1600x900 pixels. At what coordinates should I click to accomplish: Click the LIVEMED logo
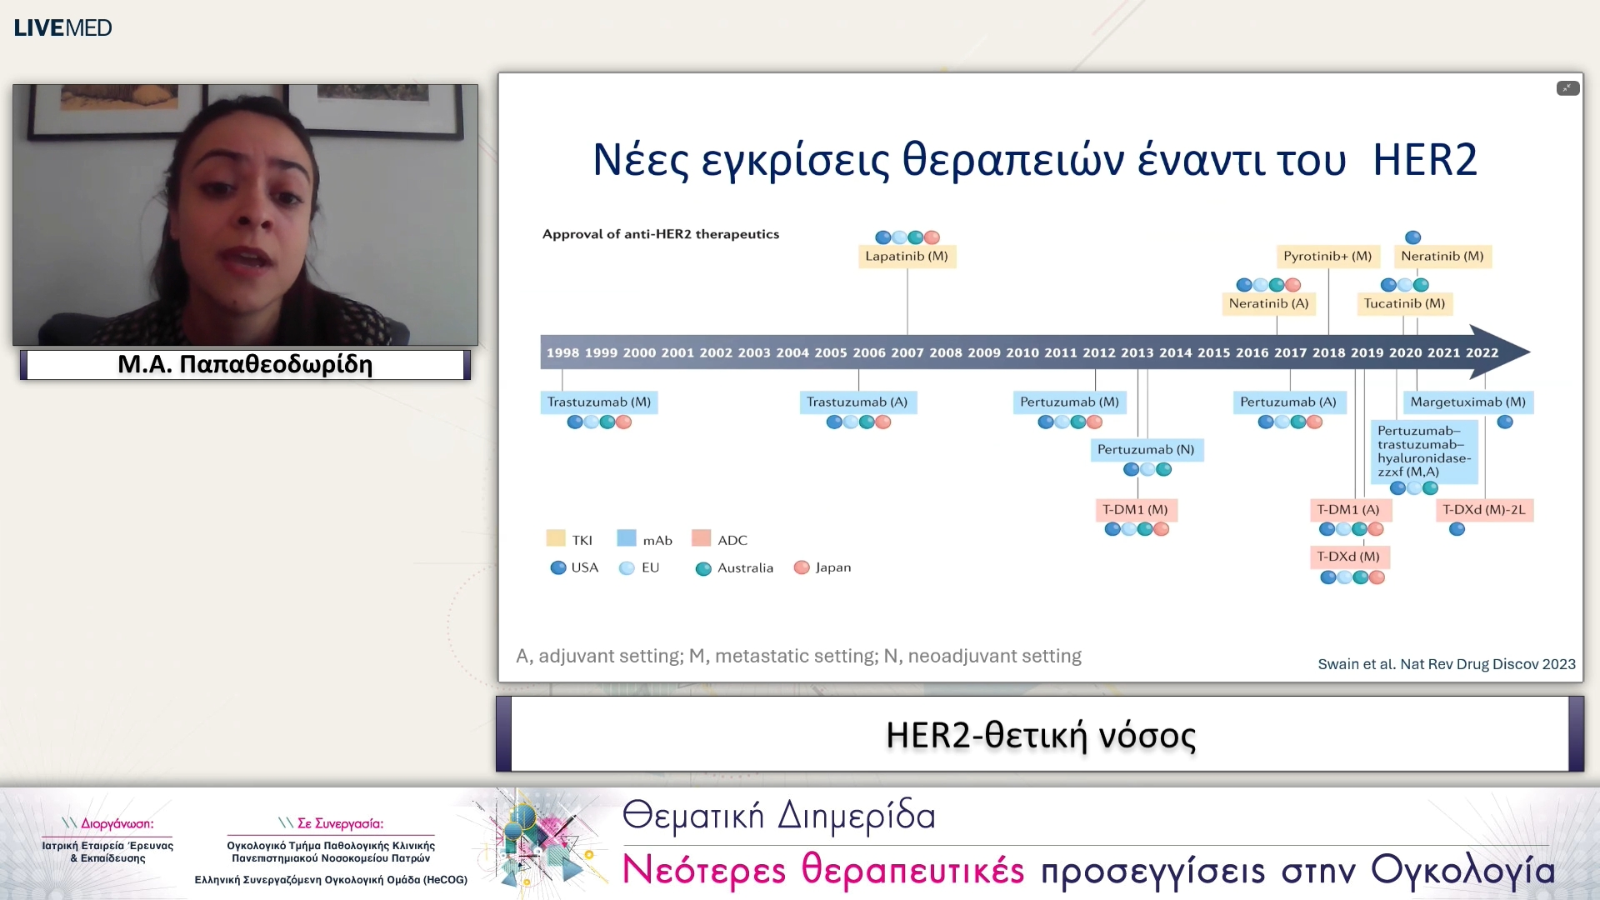pos(62,27)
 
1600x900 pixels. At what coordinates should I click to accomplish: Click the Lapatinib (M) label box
pos(907,256)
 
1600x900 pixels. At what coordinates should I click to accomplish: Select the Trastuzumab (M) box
pos(598,402)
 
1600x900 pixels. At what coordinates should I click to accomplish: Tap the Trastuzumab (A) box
pos(857,402)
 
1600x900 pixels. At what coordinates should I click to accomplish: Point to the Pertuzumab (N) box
pos(1145,449)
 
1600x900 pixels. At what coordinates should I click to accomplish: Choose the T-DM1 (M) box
pos(1134,509)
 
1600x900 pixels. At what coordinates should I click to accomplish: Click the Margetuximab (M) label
pos(1467,402)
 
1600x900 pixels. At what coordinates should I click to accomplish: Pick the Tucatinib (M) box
pos(1404,303)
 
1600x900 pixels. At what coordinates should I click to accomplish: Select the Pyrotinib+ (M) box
pos(1327,256)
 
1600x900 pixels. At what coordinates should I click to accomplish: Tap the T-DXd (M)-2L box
pos(1484,509)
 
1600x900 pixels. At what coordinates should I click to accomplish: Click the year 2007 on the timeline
pos(907,352)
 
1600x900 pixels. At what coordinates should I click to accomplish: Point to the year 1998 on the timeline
pos(562,352)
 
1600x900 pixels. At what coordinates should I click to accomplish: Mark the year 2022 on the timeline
pos(1482,352)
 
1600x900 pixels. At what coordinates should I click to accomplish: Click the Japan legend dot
pos(802,567)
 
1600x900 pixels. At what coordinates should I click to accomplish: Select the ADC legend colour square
pos(701,538)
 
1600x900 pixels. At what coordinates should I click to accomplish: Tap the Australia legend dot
pos(703,568)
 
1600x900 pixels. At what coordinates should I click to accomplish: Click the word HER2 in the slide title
pos(1424,159)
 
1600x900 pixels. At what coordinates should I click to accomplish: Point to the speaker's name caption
pos(245,364)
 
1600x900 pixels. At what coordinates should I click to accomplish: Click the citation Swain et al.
pos(1446,664)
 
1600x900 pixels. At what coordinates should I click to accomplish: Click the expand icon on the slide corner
pos(1567,88)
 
